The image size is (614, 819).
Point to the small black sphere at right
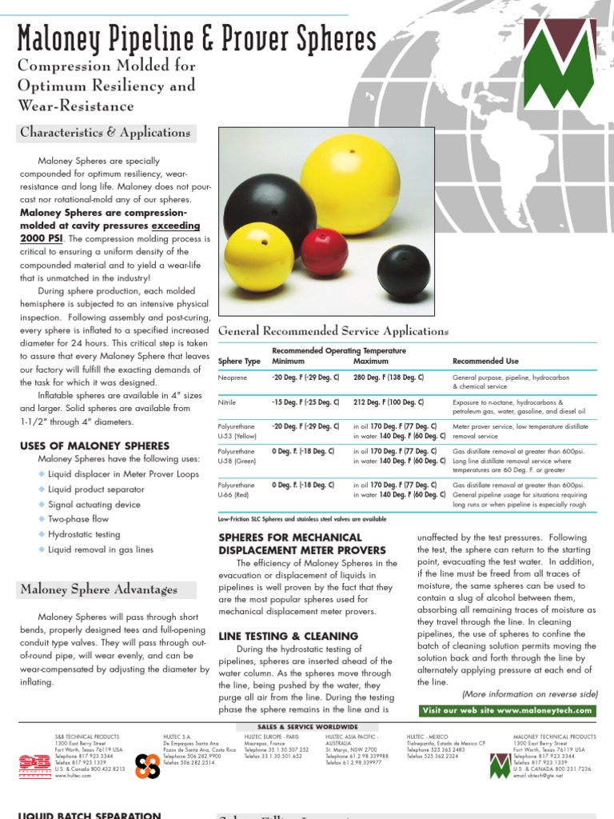coord(403,270)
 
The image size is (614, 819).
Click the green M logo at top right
coord(564,84)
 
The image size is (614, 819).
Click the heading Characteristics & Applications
coord(104,133)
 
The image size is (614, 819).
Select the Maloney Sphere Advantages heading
coord(98,589)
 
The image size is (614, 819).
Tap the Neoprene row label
coord(232,377)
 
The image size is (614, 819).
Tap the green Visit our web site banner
coord(507,710)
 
